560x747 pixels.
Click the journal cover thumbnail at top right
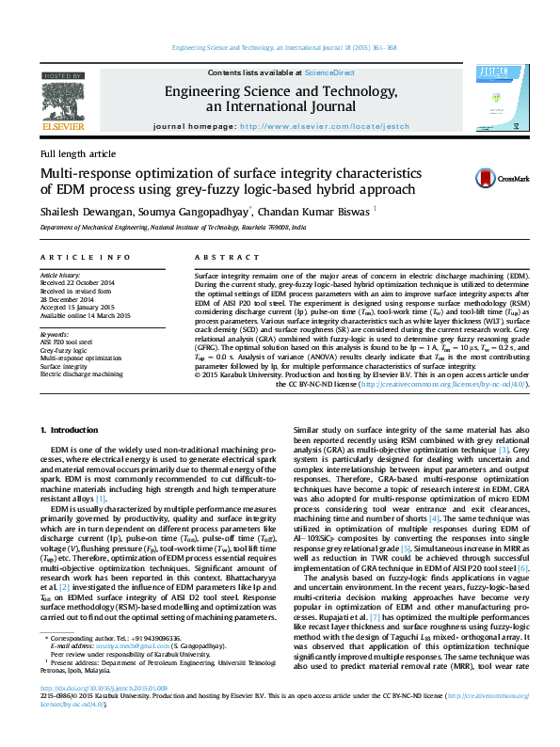point(494,98)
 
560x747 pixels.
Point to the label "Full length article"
point(78,153)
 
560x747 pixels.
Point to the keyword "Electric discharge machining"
point(82,373)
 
